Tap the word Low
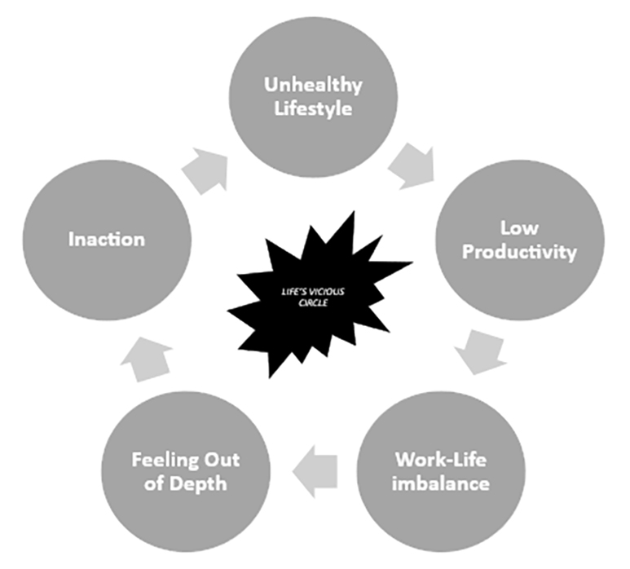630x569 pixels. point(518,227)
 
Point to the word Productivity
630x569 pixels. point(519,251)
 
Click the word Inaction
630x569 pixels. point(107,239)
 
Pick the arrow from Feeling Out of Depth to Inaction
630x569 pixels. point(148,359)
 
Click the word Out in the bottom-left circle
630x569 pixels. point(222,459)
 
